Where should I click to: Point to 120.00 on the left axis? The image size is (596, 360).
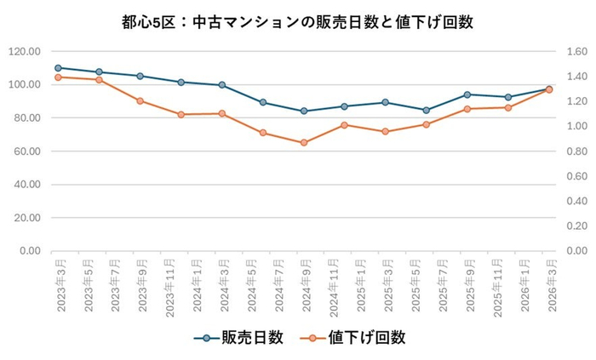[24, 52]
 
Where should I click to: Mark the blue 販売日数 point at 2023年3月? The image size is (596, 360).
[58, 68]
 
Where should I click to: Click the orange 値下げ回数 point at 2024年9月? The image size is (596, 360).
[303, 143]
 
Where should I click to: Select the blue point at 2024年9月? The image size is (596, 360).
[303, 111]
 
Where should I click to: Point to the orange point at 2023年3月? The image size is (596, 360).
[58, 77]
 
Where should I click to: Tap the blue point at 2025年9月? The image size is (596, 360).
[467, 94]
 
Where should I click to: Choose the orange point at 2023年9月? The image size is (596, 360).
[140, 100]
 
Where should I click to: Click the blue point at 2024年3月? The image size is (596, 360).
[221, 85]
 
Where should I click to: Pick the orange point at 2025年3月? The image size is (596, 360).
[385, 132]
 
